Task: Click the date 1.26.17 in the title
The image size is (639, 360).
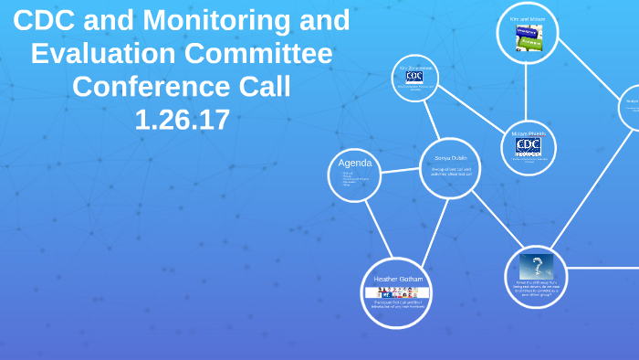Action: coord(182,120)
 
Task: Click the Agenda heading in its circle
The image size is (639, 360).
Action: coord(354,163)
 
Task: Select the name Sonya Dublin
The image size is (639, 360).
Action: coord(450,158)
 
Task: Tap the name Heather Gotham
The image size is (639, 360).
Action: coord(398,279)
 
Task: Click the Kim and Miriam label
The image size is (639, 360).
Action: coord(527,18)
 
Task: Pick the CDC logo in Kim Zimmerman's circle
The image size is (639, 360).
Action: coord(414,78)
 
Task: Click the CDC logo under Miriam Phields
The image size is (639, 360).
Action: coord(528,145)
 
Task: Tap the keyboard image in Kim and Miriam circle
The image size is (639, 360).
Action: coord(529,37)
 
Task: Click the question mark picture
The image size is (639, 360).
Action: coord(536,267)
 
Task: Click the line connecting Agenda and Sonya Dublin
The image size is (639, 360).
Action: coord(399,170)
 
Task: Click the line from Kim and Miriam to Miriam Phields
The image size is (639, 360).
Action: coord(527,91)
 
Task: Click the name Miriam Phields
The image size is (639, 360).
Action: coord(528,133)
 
